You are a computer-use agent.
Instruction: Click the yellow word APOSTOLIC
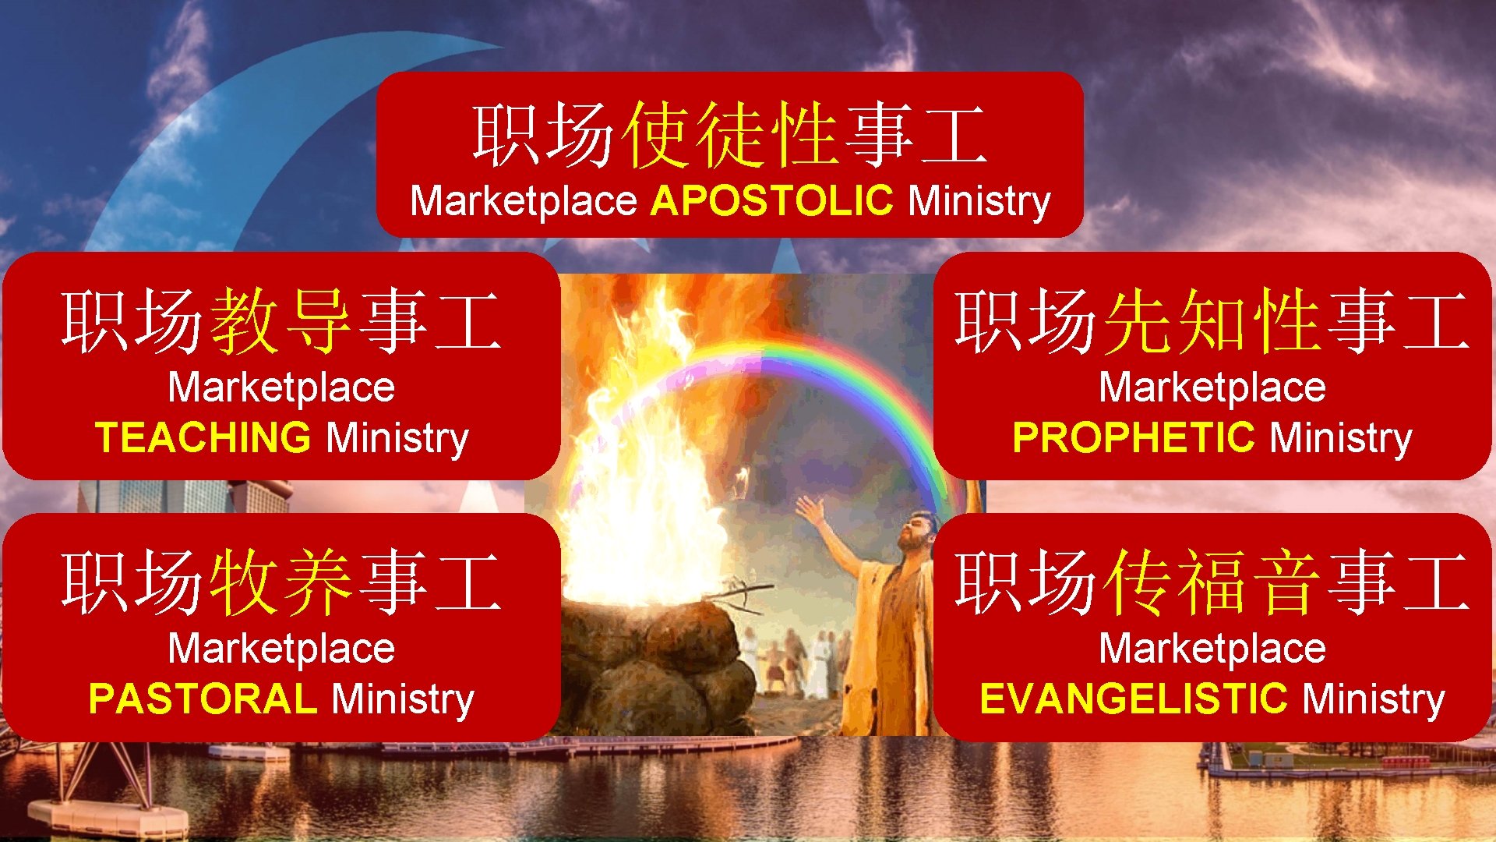click(771, 200)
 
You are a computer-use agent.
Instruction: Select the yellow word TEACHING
click(203, 437)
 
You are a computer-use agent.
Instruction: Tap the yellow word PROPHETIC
click(1133, 437)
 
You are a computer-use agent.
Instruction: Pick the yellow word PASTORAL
click(203, 699)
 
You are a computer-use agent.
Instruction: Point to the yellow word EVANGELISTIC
click(1133, 699)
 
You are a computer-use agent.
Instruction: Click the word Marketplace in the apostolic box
click(524, 201)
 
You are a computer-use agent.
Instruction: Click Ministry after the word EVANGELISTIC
click(1374, 699)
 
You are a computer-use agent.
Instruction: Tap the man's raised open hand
click(810, 511)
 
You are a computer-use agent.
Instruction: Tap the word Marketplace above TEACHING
click(281, 387)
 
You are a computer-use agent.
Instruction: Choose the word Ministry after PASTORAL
click(403, 699)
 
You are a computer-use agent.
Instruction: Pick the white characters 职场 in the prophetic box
click(1025, 320)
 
